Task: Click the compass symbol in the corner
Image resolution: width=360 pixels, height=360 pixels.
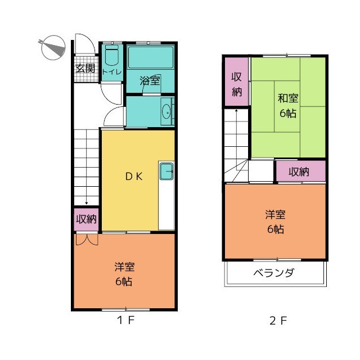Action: click(x=53, y=47)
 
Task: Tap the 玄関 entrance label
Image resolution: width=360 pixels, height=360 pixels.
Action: click(x=85, y=68)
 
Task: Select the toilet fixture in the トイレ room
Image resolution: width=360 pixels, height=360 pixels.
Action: click(x=112, y=55)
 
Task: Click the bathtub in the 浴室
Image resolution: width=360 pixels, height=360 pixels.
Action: click(x=151, y=57)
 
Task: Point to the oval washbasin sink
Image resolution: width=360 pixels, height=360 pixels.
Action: click(x=166, y=112)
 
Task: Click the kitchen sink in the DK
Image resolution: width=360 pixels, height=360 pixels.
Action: click(x=166, y=171)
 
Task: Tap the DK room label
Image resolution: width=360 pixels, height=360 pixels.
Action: click(x=134, y=176)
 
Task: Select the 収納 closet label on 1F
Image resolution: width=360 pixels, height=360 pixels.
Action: click(x=86, y=219)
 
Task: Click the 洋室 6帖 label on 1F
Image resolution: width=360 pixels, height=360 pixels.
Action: click(x=124, y=274)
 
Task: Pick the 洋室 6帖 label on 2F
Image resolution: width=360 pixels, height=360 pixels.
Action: click(x=275, y=222)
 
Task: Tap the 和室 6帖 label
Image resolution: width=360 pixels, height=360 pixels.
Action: click(x=288, y=106)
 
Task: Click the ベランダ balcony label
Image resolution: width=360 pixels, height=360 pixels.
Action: click(x=273, y=273)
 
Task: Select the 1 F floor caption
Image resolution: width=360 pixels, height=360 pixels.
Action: click(x=125, y=320)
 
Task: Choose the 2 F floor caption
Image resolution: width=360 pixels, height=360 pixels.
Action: click(x=278, y=321)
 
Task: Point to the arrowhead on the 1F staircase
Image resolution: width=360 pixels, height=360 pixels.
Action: click(x=86, y=203)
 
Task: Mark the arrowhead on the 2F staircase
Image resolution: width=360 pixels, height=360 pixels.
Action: click(x=236, y=111)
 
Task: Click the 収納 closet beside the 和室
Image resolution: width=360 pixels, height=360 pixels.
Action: click(x=236, y=82)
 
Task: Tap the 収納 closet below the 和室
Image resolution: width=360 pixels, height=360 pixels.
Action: click(x=301, y=171)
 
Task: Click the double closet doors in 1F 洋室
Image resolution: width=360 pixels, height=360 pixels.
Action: click(x=87, y=239)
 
